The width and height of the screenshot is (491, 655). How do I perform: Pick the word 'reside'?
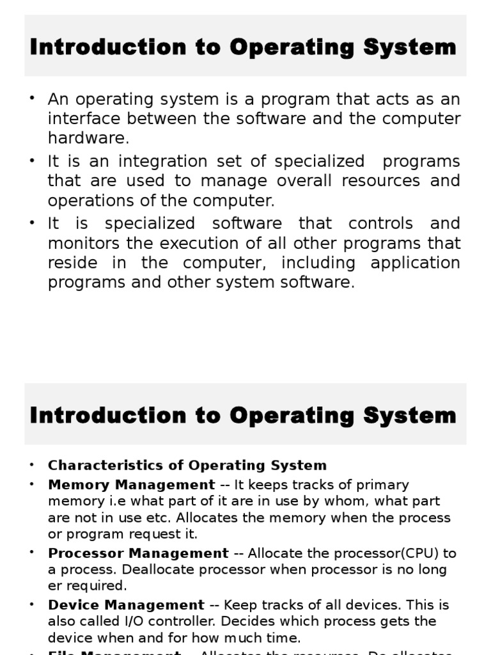pos(68,263)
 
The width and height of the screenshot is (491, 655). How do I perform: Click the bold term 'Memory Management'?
pos(132,485)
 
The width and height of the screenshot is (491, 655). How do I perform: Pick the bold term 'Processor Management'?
pos(138,553)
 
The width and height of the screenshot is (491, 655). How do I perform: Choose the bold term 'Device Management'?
pos(126,604)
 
